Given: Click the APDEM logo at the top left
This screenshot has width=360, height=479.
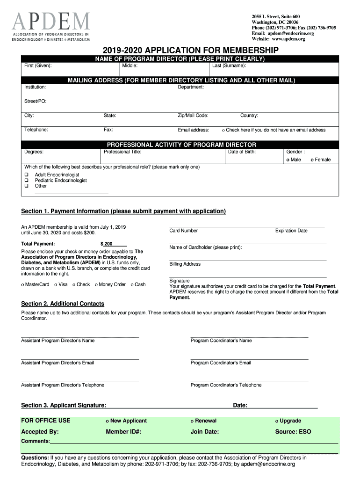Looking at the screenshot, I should (51, 27).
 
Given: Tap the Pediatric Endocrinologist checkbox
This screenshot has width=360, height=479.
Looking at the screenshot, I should (27, 180).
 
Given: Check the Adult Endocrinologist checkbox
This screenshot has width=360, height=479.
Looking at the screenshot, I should (27, 174).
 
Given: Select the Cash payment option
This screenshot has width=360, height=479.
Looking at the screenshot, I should (132, 285).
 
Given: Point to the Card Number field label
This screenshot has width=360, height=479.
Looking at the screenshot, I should (183, 231).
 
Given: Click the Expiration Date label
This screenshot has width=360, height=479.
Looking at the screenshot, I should (291, 231).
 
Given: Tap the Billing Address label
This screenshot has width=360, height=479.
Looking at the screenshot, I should (185, 264).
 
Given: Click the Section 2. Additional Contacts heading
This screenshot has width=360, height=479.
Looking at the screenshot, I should (63, 304).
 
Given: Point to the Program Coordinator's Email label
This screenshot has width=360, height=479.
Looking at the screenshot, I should (221, 363).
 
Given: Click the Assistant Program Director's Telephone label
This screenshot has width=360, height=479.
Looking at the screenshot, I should (63, 385).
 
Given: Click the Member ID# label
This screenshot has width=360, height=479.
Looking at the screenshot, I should (123, 432).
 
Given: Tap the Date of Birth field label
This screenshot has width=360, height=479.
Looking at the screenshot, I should (242, 152).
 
